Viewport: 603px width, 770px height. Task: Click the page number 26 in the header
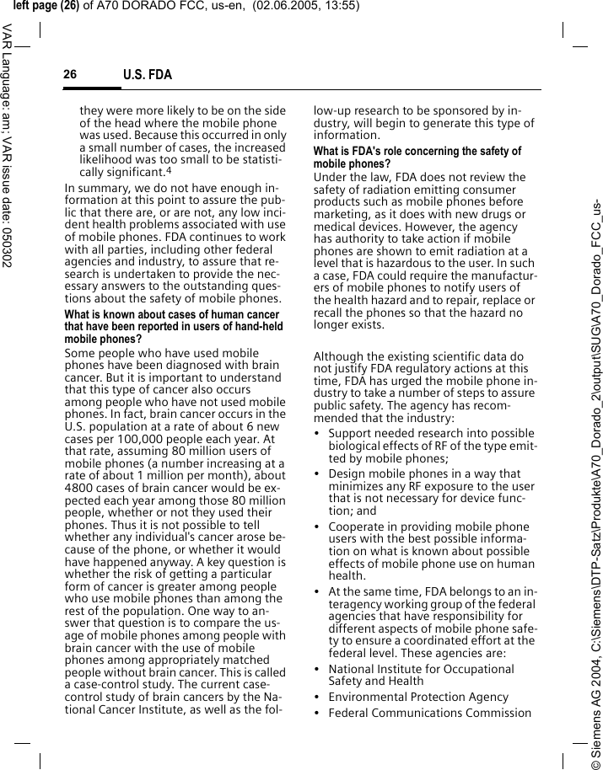70,75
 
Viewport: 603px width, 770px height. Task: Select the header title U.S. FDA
147,76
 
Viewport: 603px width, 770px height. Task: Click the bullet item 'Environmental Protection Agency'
418,697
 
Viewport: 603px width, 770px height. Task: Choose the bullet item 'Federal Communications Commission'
430,714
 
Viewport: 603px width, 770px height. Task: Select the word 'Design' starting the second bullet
347,474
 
